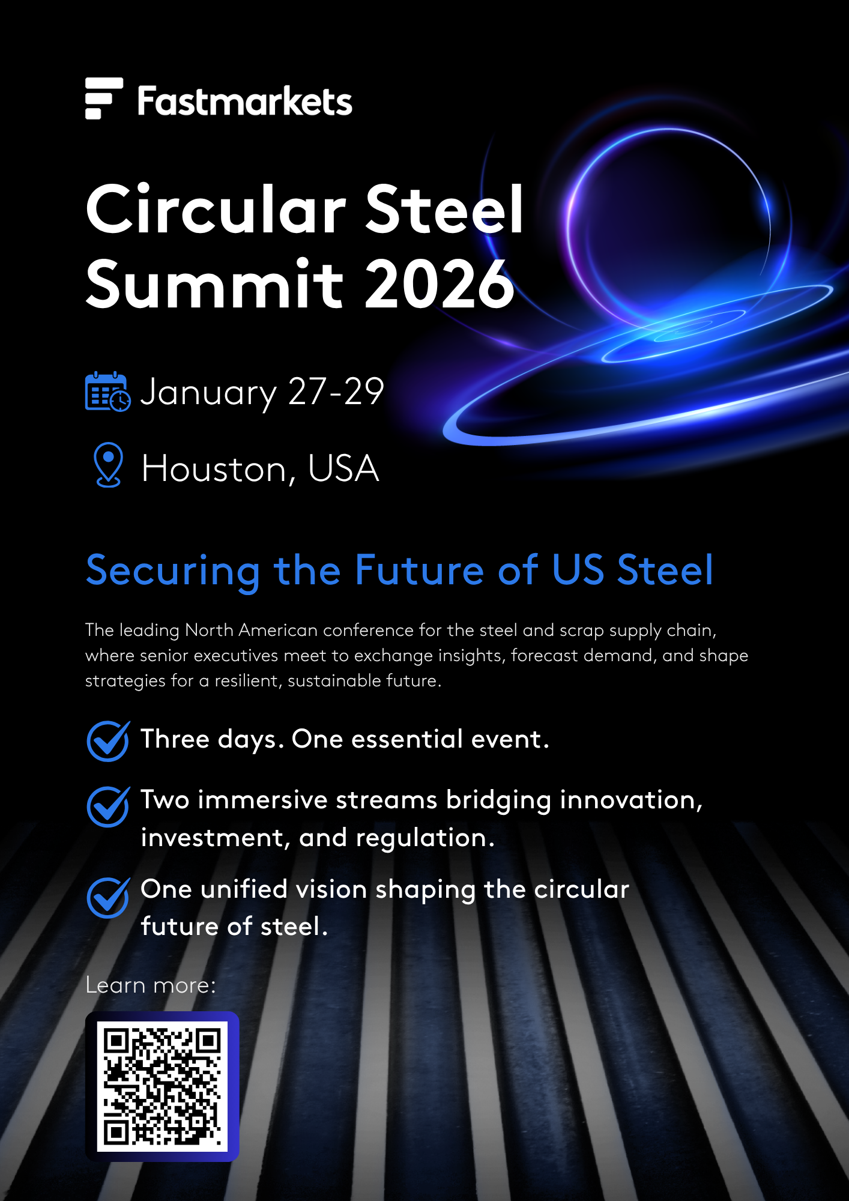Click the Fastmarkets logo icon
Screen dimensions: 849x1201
[104, 98]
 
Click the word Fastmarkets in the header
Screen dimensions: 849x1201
[245, 101]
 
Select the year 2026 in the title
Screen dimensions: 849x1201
[440, 283]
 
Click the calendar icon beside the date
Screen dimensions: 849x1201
[107, 392]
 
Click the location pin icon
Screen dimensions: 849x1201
[109, 465]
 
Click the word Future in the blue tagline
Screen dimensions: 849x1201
[419, 569]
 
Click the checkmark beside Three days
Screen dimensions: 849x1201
[108, 741]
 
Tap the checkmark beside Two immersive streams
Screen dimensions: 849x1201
[108, 806]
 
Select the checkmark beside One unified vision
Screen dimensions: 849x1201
[108, 897]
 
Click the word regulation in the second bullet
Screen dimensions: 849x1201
[425, 838]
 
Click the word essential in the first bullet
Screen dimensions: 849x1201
[407, 739]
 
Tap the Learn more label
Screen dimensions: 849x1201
[151, 985]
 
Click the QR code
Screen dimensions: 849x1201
[162, 1086]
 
